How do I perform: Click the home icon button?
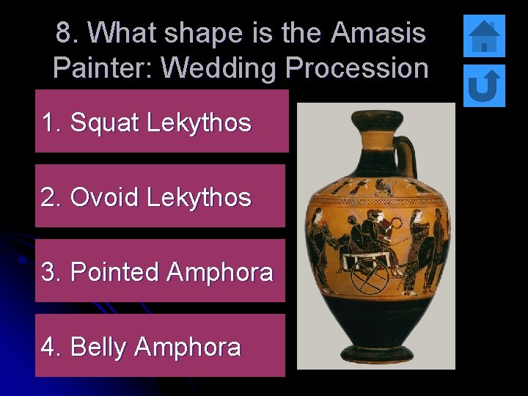click(x=484, y=36)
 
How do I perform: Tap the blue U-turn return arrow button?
click(x=484, y=86)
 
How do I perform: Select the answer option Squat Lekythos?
click(x=161, y=122)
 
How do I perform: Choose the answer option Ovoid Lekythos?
click(x=161, y=197)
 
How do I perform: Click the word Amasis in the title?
click(x=378, y=32)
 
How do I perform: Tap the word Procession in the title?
click(x=357, y=67)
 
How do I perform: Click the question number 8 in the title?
click(x=64, y=32)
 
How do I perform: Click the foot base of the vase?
click(x=375, y=353)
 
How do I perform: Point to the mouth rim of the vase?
click(x=376, y=118)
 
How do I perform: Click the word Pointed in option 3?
click(x=114, y=272)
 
